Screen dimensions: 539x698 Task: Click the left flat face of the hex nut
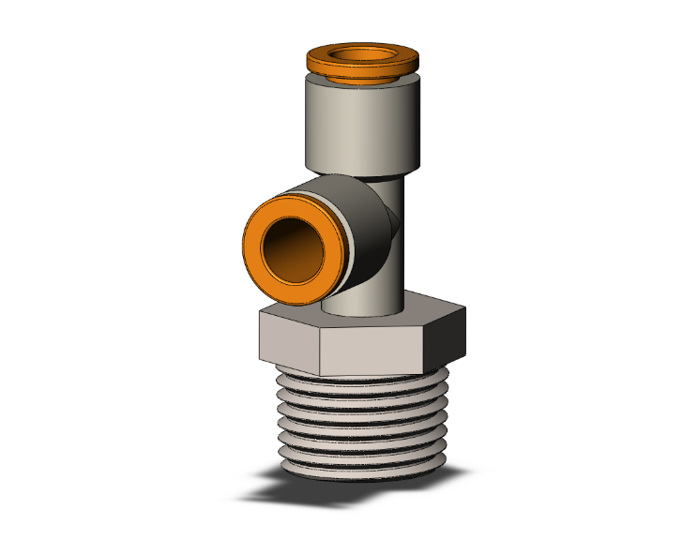point(287,338)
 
